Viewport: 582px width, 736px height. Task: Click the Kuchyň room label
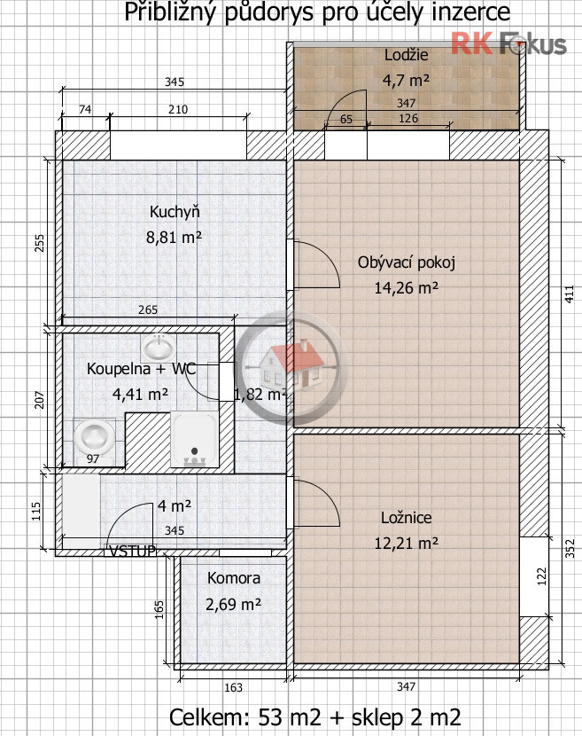point(175,212)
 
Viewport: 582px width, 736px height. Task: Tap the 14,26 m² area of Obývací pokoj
point(406,287)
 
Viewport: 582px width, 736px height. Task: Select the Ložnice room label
point(406,517)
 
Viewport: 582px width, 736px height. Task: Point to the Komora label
point(234,578)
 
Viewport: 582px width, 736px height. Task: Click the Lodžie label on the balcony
point(406,55)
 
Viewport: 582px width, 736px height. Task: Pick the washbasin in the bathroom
point(158,348)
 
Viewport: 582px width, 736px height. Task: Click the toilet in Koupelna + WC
point(94,436)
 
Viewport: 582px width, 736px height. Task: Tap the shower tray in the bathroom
point(195,439)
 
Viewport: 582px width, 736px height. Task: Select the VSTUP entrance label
point(132,551)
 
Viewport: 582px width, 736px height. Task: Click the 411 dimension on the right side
point(569,294)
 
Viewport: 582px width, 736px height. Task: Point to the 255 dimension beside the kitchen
point(40,243)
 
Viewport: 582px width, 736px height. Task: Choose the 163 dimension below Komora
point(233,687)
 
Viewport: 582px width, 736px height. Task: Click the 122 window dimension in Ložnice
point(541,576)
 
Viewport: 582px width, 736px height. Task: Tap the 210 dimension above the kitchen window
point(178,109)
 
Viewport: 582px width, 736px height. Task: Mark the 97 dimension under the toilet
point(93,458)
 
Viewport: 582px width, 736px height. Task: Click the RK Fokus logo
point(508,43)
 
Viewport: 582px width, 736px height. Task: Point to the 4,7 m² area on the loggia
point(406,81)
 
